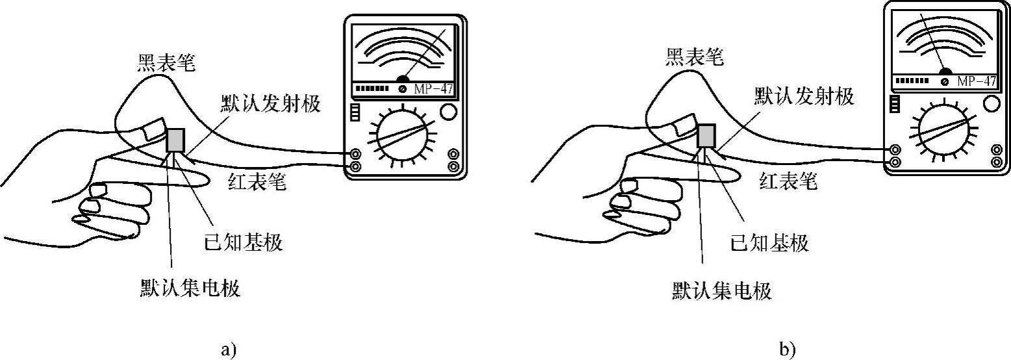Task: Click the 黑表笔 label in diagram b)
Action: tap(694, 58)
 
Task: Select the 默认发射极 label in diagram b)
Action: tap(804, 97)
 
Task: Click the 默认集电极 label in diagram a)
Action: tap(190, 288)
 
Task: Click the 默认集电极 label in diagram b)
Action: tap(721, 290)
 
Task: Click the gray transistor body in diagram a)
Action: tap(176, 140)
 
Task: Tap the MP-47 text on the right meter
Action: tap(976, 82)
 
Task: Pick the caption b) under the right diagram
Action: tap(788, 350)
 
